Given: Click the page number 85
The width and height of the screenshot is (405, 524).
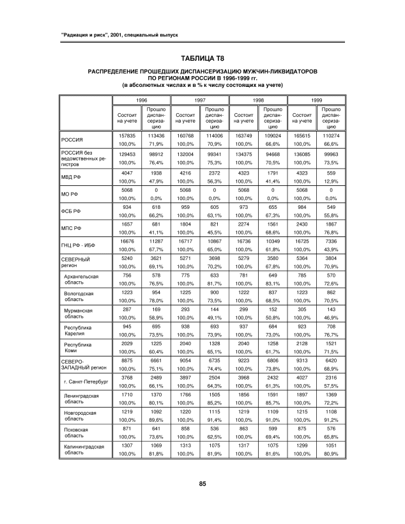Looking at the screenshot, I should point(202,483).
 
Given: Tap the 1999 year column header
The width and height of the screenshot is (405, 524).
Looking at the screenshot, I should point(317,100).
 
